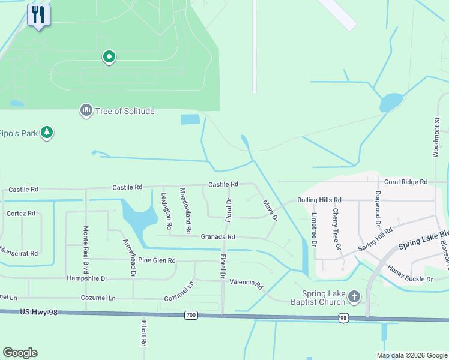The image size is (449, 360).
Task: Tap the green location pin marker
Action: tap(109, 57)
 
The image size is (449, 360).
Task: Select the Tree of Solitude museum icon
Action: tap(86, 110)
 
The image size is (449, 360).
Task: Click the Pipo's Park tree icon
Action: tap(47, 133)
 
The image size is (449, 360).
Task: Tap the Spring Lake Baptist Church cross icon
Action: tap(354, 296)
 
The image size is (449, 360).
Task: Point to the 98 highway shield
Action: tap(342, 317)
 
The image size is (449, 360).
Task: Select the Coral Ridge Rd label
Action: tap(406, 182)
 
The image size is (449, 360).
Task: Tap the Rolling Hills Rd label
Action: tap(319, 200)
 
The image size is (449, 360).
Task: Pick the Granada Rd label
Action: tap(217, 237)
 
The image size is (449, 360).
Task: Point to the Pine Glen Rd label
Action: tap(157, 260)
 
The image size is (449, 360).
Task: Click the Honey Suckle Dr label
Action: tap(410, 275)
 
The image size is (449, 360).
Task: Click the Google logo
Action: tap(20, 353)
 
